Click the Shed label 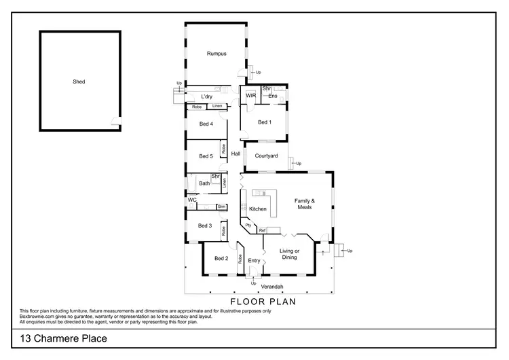79,82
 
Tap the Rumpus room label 216,54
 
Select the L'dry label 207,97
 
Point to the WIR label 250,96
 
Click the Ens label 272,96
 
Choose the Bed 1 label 265,123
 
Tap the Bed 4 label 206,124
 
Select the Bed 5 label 206,156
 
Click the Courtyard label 266,156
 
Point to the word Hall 235,154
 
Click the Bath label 204,183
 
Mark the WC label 192,200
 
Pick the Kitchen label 258,209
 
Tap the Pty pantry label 248,225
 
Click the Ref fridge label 262,231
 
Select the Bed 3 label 206,226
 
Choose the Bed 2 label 221,258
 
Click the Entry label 254,261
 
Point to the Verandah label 252,287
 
